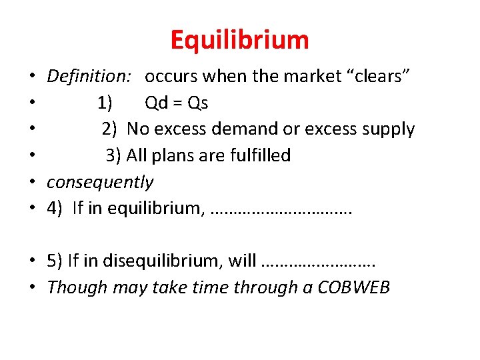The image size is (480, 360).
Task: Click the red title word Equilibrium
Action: click(240, 40)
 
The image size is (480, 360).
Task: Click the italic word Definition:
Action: click(89, 77)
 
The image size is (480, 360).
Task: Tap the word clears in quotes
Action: click(381, 77)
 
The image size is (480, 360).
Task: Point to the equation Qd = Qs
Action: click(177, 103)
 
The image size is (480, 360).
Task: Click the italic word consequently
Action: click(100, 182)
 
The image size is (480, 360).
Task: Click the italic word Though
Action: click(71, 287)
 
